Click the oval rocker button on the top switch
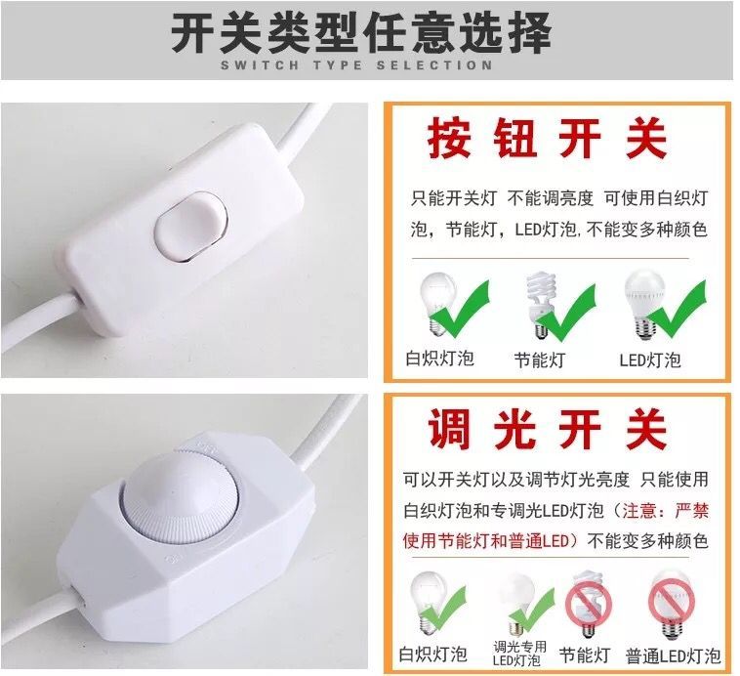pyautogui.click(x=191, y=226)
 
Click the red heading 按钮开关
pyautogui.click(x=547, y=139)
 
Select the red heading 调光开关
pyautogui.click(x=547, y=429)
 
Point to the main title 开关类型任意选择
pyautogui.click(x=360, y=32)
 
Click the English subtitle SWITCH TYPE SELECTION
pyautogui.click(x=356, y=64)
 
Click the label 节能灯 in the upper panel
pyautogui.click(x=540, y=359)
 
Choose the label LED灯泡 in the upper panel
pyautogui.click(x=650, y=359)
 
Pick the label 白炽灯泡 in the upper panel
pyautogui.click(x=440, y=359)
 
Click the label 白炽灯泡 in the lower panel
pyautogui.click(x=432, y=655)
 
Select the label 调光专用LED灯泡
pyautogui.click(x=519, y=654)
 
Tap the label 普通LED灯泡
pyautogui.click(x=673, y=655)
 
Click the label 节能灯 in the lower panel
pyautogui.click(x=584, y=655)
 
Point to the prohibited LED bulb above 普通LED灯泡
pyautogui.click(x=672, y=604)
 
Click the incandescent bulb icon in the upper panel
pyautogui.click(x=438, y=304)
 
